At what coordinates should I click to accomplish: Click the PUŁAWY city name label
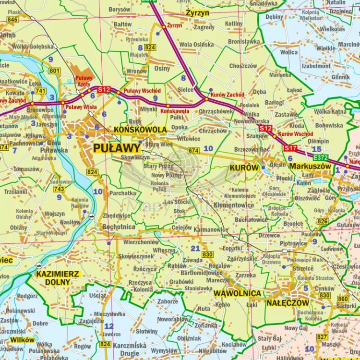tap(117, 148)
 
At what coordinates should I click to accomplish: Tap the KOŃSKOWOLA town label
tap(140, 130)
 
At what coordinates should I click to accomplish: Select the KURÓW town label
tap(244, 168)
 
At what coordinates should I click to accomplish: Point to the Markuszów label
tap(310, 166)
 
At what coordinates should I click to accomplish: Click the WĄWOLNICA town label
tap(238, 293)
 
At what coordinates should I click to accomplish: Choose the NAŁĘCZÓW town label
tap(288, 303)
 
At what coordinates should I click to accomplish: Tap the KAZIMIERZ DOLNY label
tap(58, 278)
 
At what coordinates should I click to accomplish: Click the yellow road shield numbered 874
tap(193, 151)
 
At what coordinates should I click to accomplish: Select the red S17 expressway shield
tap(290, 148)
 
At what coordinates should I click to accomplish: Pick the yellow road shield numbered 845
tap(12, 20)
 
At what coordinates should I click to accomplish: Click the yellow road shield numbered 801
tap(54, 71)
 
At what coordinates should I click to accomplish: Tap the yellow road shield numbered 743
tap(59, 189)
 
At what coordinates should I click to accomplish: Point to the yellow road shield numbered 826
tap(323, 221)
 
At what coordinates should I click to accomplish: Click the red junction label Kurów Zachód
tap(228, 95)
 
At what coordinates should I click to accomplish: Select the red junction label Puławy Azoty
tap(84, 81)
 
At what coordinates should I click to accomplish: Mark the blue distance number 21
tap(195, 248)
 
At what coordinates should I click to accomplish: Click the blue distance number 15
tap(316, 149)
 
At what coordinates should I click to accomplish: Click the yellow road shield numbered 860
tap(343, 299)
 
